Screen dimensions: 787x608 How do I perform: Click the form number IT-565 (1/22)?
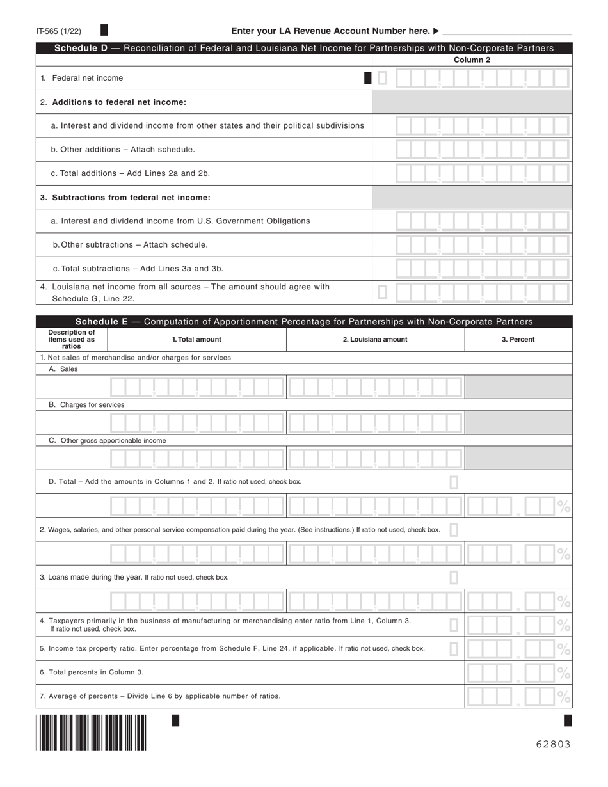point(59,31)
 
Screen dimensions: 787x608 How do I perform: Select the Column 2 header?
point(472,60)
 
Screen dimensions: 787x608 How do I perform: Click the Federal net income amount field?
point(481,78)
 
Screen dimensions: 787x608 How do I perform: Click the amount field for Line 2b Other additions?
point(481,150)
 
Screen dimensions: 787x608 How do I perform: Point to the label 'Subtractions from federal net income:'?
point(125,198)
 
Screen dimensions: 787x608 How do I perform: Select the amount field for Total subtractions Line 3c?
point(481,269)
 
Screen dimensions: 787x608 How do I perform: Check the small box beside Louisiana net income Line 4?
point(383,292)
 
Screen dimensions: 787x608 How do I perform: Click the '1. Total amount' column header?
point(196,340)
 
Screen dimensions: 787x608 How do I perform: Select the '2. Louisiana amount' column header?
point(374,340)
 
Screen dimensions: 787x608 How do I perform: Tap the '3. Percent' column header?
point(518,340)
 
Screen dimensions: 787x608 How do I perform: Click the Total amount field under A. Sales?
point(196,387)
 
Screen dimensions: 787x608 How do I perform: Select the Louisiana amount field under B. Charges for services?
point(374,423)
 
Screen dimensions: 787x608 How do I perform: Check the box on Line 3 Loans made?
point(454,577)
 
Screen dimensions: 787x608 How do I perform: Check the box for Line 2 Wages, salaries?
point(454,530)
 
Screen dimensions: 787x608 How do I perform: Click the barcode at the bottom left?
point(91,732)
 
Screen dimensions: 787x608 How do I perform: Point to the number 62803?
point(553,744)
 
